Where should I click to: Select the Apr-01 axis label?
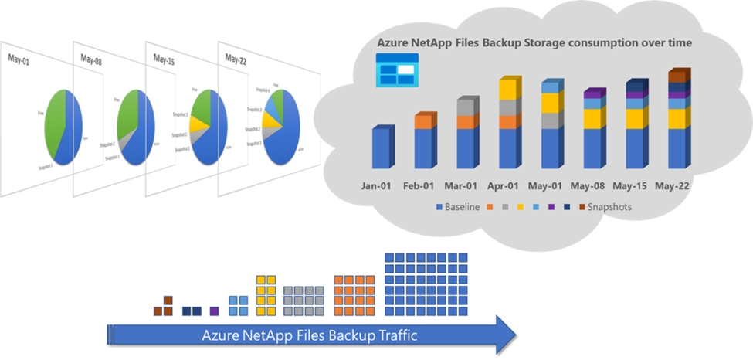(x=507, y=186)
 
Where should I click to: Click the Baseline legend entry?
(x=458, y=207)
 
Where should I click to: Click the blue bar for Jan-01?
(x=381, y=148)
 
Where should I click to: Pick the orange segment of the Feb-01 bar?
(x=423, y=122)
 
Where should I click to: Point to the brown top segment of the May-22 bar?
(x=676, y=76)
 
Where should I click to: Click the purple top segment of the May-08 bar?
(x=592, y=94)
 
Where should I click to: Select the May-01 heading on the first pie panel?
(x=19, y=58)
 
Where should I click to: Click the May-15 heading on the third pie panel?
(x=165, y=59)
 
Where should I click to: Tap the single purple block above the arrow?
(x=214, y=311)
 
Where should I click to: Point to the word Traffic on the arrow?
(x=390, y=335)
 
